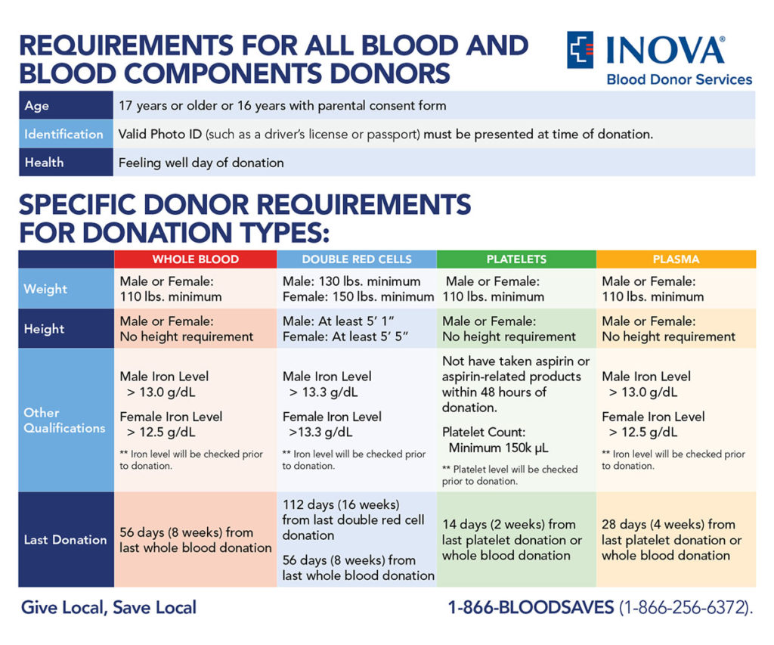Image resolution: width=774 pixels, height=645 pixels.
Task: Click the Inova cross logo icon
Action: point(580,50)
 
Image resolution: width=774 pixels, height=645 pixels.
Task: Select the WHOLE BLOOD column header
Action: point(195,259)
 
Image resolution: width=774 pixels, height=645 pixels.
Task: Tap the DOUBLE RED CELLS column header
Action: point(357,259)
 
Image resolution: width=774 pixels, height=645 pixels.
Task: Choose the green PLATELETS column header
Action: point(516,259)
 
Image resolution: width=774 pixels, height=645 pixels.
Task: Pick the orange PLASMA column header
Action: point(676,259)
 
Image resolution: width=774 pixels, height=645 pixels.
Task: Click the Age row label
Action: point(37,106)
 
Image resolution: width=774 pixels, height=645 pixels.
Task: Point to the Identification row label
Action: point(63,134)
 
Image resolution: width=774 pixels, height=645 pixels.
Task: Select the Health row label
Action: point(44,163)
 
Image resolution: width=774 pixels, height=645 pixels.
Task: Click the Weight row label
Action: point(45,289)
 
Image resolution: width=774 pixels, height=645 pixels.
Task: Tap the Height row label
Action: point(44,329)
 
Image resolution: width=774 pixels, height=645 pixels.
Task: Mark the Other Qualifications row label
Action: point(64,420)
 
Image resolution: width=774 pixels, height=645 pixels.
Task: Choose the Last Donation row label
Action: point(65,540)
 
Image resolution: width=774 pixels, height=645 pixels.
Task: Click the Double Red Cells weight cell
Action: point(358,289)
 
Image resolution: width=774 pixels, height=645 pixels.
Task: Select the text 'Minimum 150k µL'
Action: point(498,448)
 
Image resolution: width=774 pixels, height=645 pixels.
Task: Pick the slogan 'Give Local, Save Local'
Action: point(109,607)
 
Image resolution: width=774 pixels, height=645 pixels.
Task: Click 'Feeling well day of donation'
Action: point(201,163)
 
